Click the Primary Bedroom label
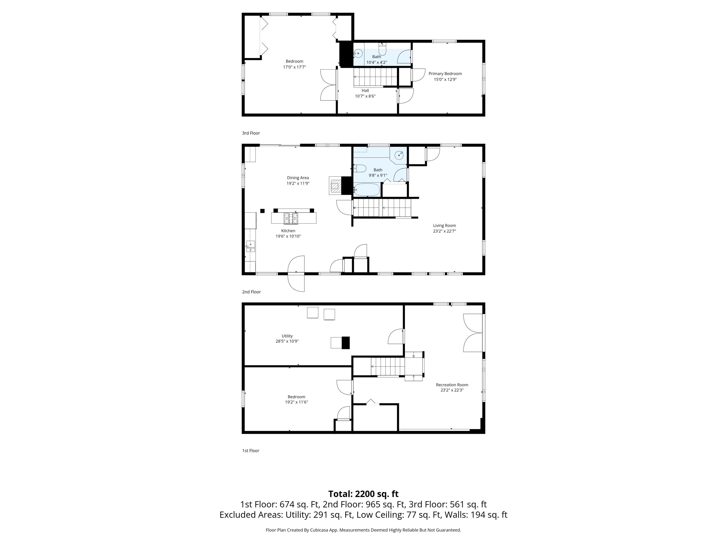click(x=445, y=74)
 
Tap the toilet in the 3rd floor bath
click(x=382, y=50)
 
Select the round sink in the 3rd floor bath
click(x=358, y=53)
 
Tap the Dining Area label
click(x=298, y=178)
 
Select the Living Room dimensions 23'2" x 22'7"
click(x=444, y=231)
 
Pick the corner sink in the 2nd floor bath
click(x=399, y=155)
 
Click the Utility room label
click(x=287, y=336)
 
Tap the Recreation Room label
click(x=452, y=385)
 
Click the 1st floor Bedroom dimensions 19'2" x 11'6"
click(x=296, y=402)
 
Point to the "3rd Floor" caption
click(x=251, y=133)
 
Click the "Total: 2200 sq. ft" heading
click(x=363, y=494)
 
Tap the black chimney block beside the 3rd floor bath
click(x=345, y=54)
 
